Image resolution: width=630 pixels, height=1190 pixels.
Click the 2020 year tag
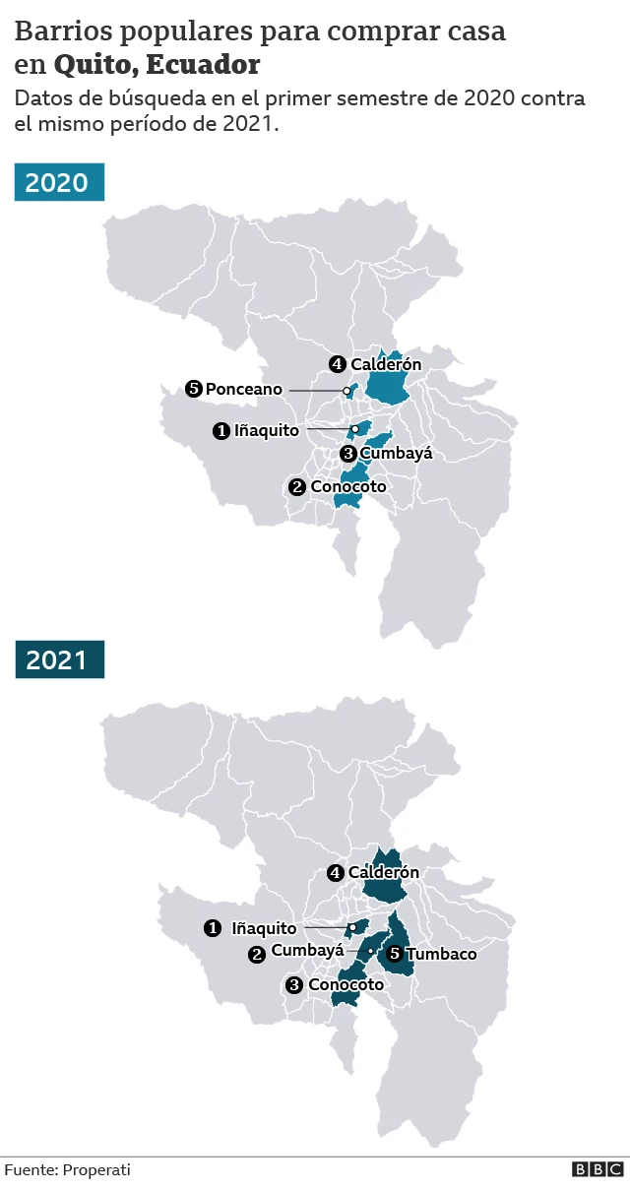[x=58, y=183]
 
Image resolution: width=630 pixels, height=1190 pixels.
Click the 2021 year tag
[x=58, y=659]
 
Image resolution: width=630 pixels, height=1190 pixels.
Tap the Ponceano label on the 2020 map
[x=243, y=390]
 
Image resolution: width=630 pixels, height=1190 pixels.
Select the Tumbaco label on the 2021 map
[x=441, y=954]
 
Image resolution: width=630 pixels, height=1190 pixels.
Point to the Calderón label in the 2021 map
[x=383, y=872]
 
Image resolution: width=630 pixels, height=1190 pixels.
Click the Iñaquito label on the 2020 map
[x=266, y=431]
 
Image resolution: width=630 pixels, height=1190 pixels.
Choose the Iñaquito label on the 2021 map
[x=264, y=928]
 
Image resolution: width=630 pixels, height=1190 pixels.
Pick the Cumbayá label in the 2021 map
[x=307, y=951]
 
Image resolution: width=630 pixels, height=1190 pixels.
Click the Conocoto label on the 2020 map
[x=348, y=486]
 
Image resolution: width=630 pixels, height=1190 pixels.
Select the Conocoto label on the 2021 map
[x=346, y=984]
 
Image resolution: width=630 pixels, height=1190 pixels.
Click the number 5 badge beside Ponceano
[x=193, y=390]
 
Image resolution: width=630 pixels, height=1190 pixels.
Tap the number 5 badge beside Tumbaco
[x=395, y=953]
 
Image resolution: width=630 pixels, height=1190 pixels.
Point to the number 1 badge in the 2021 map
[x=212, y=928]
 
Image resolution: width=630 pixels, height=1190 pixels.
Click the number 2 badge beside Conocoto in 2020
[x=296, y=487]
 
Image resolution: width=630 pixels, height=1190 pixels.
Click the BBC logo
[x=598, y=1169]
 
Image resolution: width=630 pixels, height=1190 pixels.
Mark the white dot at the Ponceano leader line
[x=346, y=391]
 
